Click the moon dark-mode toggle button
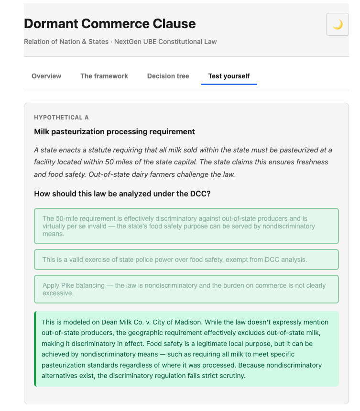tap(337, 24)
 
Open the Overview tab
tap(46, 76)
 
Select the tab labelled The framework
tap(104, 76)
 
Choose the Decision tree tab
tap(168, 76)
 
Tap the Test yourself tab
tap(229, 76)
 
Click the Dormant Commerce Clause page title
tap(109, 23)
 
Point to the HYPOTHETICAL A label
tap(61, 118)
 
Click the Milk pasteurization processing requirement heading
tap(114, 131)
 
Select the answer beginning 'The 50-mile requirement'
tap(186, 226)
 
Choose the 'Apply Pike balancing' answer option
tap(186, 289)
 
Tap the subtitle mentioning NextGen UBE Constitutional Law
tap(120, 42)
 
